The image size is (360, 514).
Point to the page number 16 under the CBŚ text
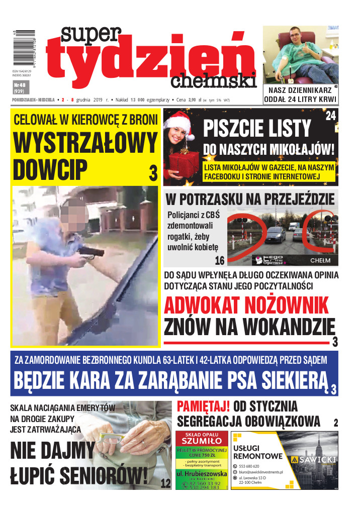pos(219,260)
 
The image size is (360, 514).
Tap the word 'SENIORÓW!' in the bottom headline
pos(100,473)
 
